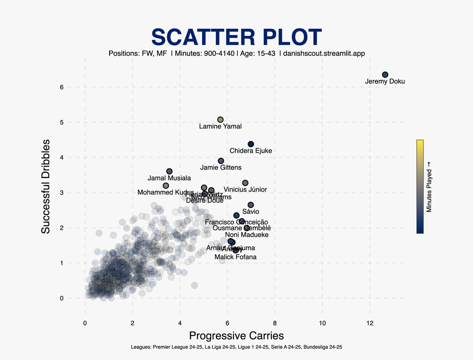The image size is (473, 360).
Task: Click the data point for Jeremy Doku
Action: click(x=385, y=74)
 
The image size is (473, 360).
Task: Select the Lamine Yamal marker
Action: click(x=220, y=119)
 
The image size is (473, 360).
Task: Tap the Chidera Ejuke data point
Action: click(x=251, y=144)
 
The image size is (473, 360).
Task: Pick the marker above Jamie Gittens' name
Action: click(x=221, y=161)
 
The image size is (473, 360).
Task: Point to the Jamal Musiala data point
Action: click(x=169, y=171)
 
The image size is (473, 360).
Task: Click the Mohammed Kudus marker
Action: click(x=166, y=186)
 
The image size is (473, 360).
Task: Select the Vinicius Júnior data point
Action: click(x=245, y=183)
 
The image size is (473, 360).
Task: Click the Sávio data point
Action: click(x=251, y=205)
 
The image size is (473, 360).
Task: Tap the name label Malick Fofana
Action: click(x=235, y=257)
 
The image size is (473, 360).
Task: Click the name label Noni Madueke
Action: click(x=247, y=235)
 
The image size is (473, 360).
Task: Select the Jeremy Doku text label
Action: click(x=385, y=82)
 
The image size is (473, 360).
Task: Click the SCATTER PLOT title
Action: click(x=236, y=37)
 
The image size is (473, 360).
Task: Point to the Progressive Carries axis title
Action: click(x=236, y=336)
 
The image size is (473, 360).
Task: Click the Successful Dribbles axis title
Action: click(x=46, y=186)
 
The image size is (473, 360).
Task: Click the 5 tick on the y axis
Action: click(x=62, y=122)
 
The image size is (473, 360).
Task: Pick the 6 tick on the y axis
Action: click(x=62, y=87)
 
